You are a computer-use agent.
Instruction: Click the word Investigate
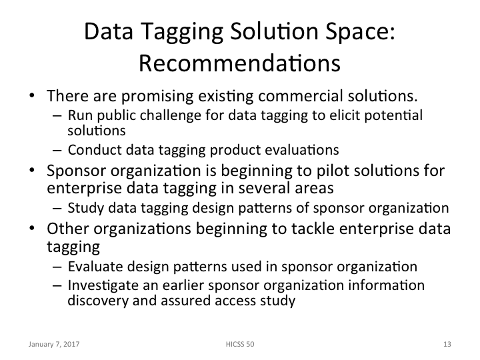tap(97, 285)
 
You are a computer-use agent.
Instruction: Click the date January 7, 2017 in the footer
tap(51, 344)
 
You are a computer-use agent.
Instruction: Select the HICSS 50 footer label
tap(239, 344)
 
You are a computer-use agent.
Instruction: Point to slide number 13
tap(446, 344)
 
